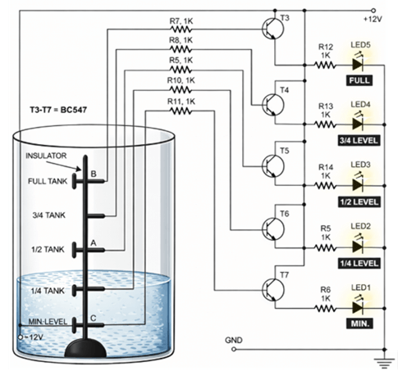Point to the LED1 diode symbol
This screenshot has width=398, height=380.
point(355,306)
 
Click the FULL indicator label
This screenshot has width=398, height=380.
point(359,81)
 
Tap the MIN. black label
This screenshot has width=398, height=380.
point(359,324)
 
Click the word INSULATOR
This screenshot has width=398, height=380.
point(45,155)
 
